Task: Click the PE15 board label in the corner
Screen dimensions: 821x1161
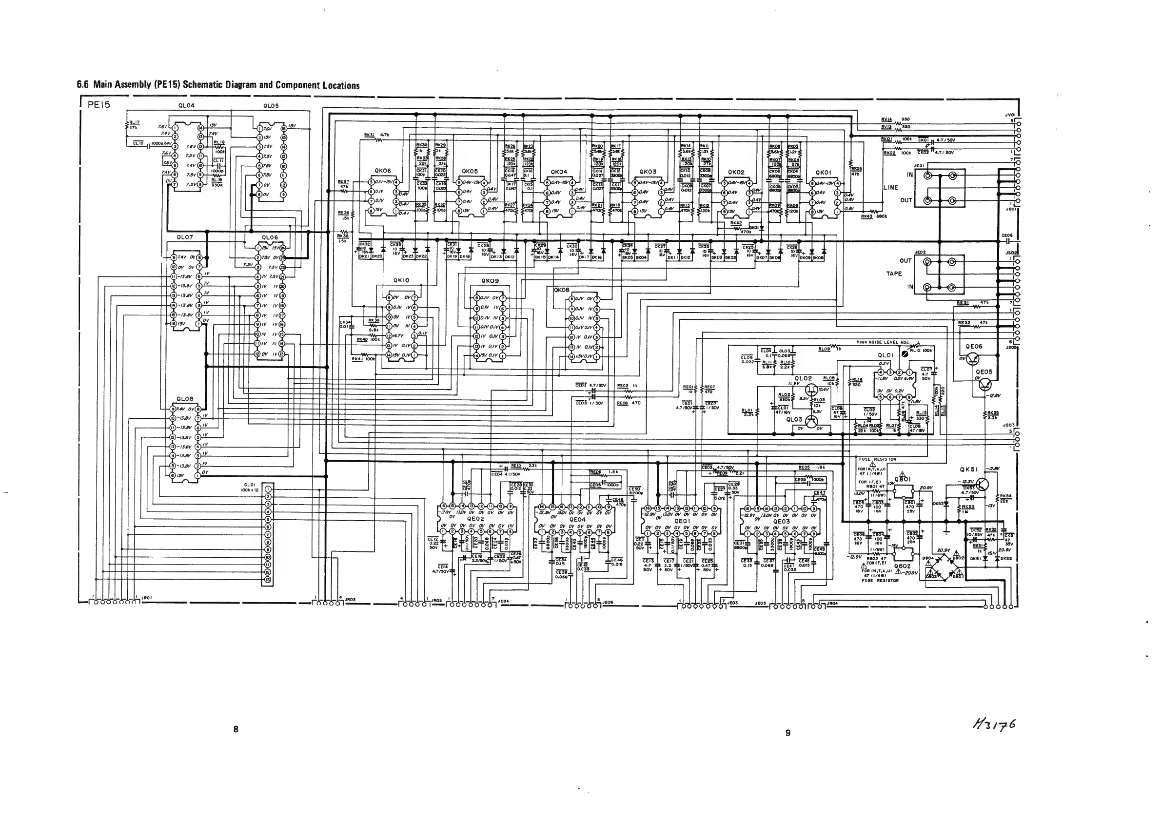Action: (98, 105)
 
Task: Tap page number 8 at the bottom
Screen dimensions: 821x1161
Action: (236, 729)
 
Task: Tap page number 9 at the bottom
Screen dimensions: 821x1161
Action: (788, 733)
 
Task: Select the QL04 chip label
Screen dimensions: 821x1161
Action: (187, 106)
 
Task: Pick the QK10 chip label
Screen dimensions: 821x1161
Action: (401, 280)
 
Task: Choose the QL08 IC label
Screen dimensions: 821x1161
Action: (185, 399)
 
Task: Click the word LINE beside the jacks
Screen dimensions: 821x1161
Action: (891, 188)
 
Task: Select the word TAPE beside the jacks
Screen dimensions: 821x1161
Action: (894, 274)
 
